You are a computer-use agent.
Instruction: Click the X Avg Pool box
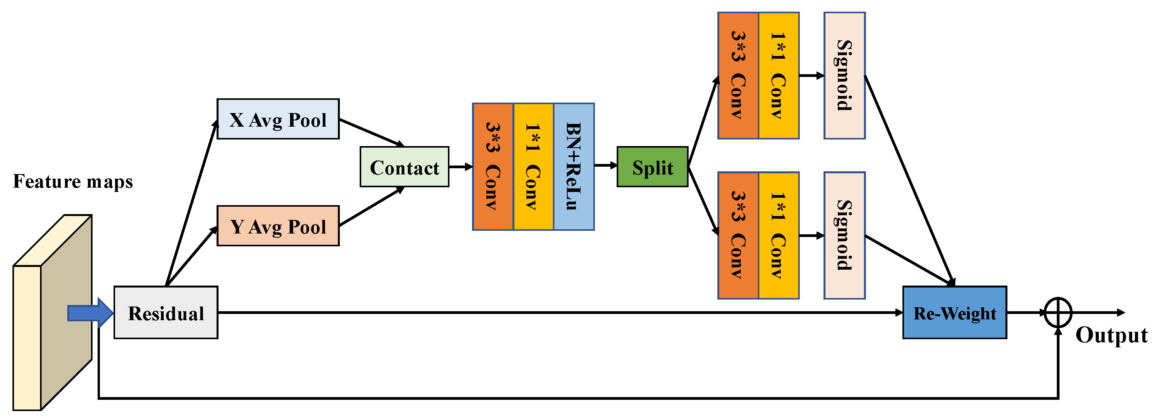(x=278, y=119)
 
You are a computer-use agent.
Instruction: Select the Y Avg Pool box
(x=278, y=226)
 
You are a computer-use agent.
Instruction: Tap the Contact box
(x=404, y=167)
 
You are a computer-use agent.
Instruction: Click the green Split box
(x=652, y=167)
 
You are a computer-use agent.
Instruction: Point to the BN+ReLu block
(x=574, y=167)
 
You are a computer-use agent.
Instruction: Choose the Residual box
(x=166, y=312)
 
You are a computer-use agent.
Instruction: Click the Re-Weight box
(x=955, y=312)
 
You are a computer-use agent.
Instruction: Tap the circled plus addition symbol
(x=1058, y=312)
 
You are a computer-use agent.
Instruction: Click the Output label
(x=1111, y=335)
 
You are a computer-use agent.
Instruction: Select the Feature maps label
(x=73, y=181)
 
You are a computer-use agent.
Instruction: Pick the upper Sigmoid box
(x=845, y=75)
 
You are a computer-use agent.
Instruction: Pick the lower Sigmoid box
(x=845, y=235)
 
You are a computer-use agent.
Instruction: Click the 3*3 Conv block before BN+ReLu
(x=493, y=167)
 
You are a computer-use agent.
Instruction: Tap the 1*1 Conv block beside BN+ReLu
(x=533, y=167)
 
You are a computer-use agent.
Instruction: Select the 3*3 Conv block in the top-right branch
(x=738, y=75)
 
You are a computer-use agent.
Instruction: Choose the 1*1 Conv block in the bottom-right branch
(x=778, y=235)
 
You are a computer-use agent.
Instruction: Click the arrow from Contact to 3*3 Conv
(x=460, y=167)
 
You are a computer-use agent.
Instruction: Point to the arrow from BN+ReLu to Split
(x=605, y=166)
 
